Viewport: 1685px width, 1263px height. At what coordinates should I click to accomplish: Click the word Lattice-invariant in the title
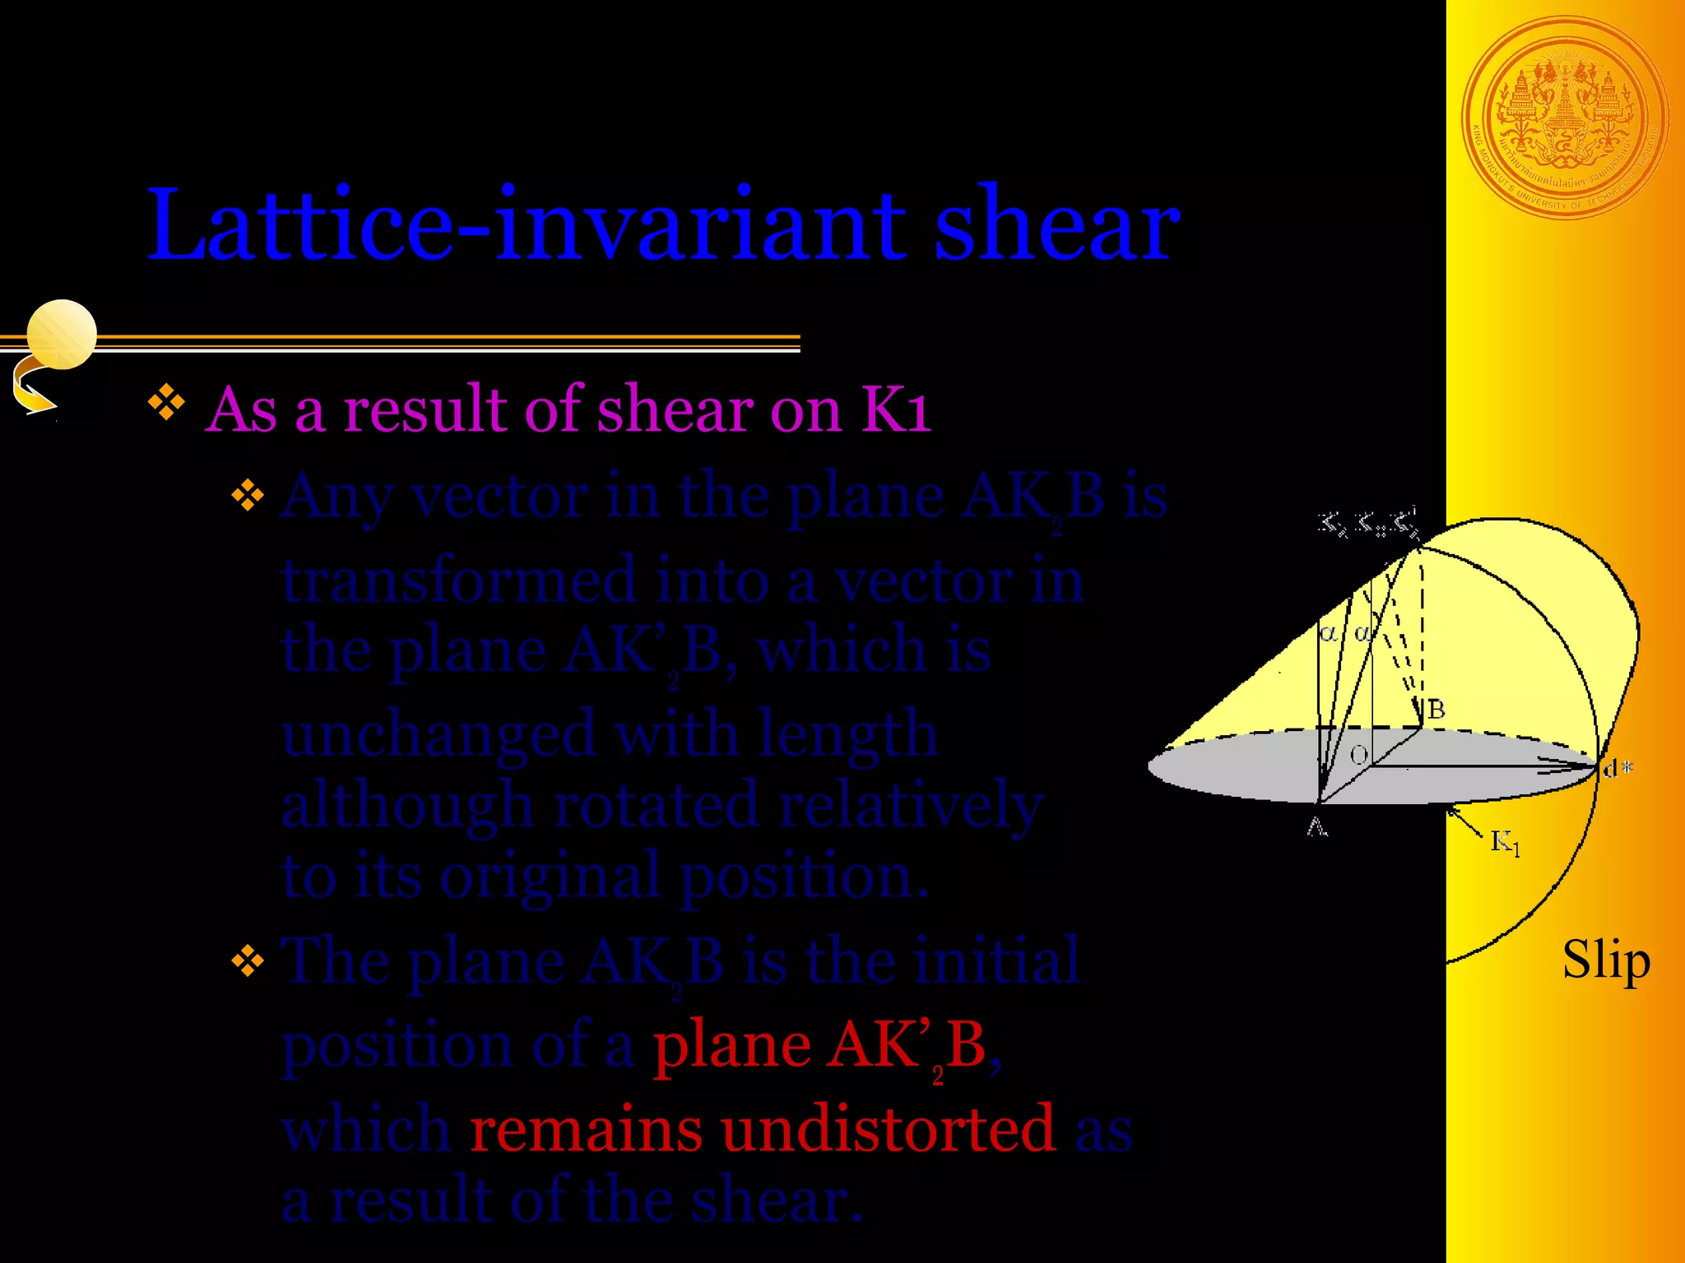pyautogui.click(x=527, y=226)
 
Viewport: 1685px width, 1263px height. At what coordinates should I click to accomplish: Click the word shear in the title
pyautogui.click(x=1057, y=226)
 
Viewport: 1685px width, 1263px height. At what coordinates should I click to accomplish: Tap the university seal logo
pyautogui.click(x=1565, y=119)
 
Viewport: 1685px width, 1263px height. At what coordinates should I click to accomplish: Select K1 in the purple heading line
pyautogui.click(x=896, y=409)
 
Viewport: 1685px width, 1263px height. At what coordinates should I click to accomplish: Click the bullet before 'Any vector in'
pyautogui.click(x=248, y=496)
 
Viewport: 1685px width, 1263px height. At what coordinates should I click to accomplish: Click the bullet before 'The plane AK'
pyautogui.click(x=248, y=960)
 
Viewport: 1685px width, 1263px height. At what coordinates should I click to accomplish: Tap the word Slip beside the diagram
pyautogui.click(x=1605, y=960)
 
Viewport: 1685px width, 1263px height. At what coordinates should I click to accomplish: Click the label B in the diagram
pyautogui.click(x=1436, y=710)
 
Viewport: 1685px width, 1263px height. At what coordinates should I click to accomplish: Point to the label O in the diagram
pyautogui.click(x=1359, y=755)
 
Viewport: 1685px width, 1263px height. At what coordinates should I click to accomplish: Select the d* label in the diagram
pyautogui.click(x=1618, y=769)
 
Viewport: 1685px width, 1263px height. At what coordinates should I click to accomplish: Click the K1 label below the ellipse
pyautogui.click(x=1505, y=842)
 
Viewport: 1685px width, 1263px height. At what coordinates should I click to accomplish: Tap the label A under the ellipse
pyautogui.click(x=1317, y=827)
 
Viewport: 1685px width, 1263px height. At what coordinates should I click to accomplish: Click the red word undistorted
pyautogui.click(x=888, y=1128)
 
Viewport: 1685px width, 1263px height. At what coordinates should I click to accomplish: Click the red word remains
pyautogui.click(x=585, y=1128)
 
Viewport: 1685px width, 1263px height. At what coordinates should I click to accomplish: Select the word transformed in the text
pyautogui.click(x=459, y=581)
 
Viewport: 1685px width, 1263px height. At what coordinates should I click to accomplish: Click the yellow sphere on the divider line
pyautogui.click(x=62, y=335)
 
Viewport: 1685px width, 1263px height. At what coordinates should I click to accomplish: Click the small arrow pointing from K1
pyautogui.click(x=1465, y=822)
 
